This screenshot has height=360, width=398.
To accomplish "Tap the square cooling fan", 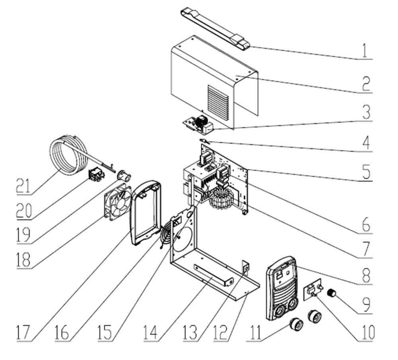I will tap(117, 203).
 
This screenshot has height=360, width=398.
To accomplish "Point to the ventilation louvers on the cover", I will tap(218, 102).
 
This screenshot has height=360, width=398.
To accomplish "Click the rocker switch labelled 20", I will tap(96, 174).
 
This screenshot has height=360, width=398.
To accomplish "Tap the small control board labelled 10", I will tap(312, 291).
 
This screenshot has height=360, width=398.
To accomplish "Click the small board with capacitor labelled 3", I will tap(198, 124).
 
